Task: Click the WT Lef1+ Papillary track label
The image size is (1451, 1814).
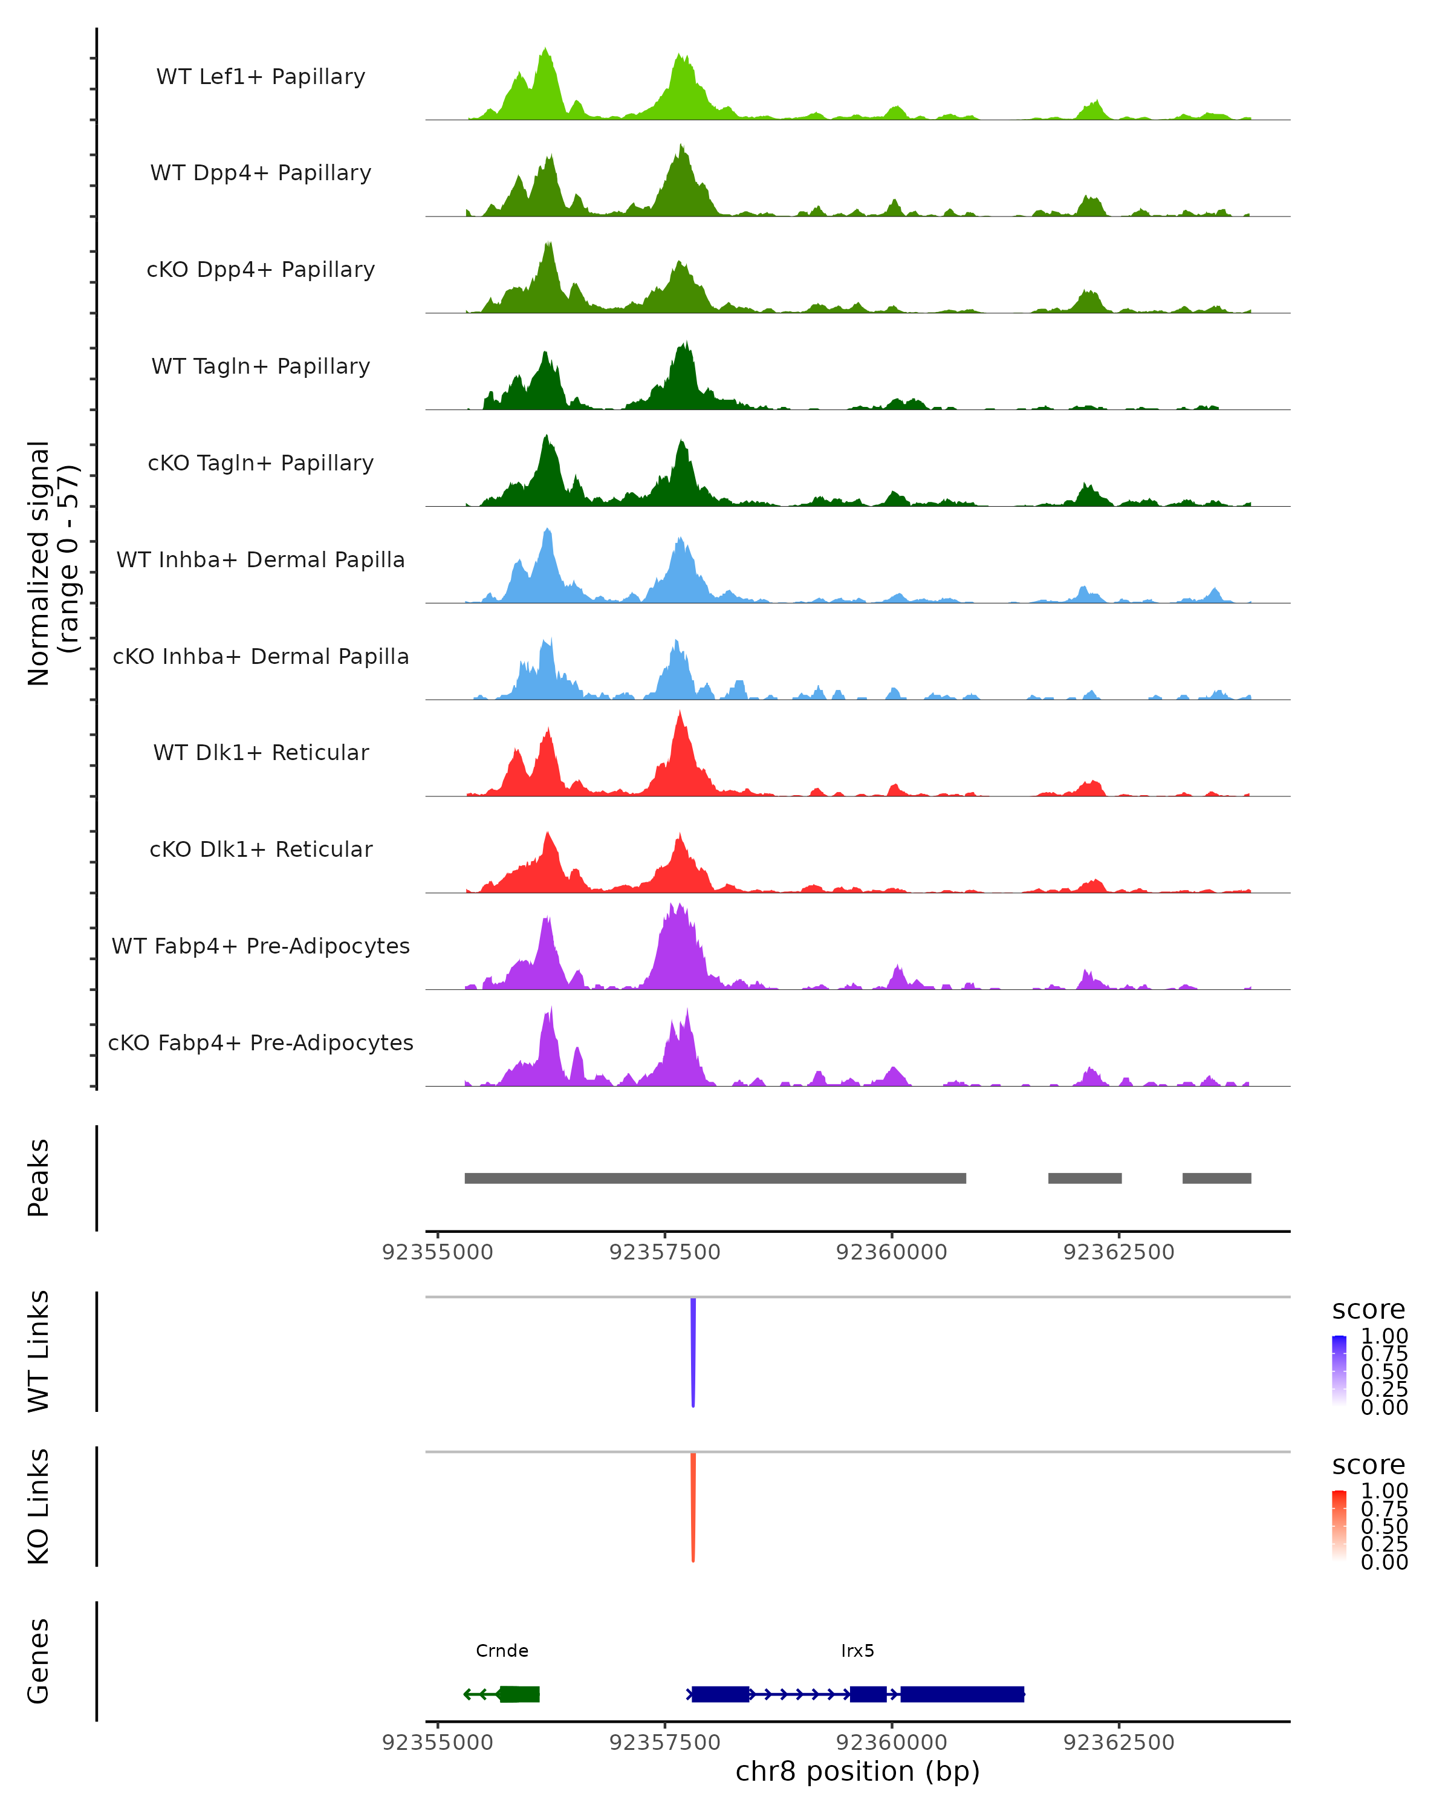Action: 261,77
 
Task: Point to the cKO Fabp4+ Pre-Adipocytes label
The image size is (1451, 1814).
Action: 261,1042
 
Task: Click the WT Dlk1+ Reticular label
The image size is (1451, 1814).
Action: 261,752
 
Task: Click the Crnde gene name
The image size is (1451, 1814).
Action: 502,1651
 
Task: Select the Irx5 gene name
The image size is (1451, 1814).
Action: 857,1651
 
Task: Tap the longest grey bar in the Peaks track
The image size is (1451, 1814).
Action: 715,1178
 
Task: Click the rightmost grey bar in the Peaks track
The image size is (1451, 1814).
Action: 1216,1178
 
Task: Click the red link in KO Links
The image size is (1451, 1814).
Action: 693,1506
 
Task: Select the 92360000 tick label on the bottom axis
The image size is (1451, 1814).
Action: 892,1741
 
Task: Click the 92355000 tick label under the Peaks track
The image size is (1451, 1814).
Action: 437,1252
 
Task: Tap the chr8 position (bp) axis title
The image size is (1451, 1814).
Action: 857,1771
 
